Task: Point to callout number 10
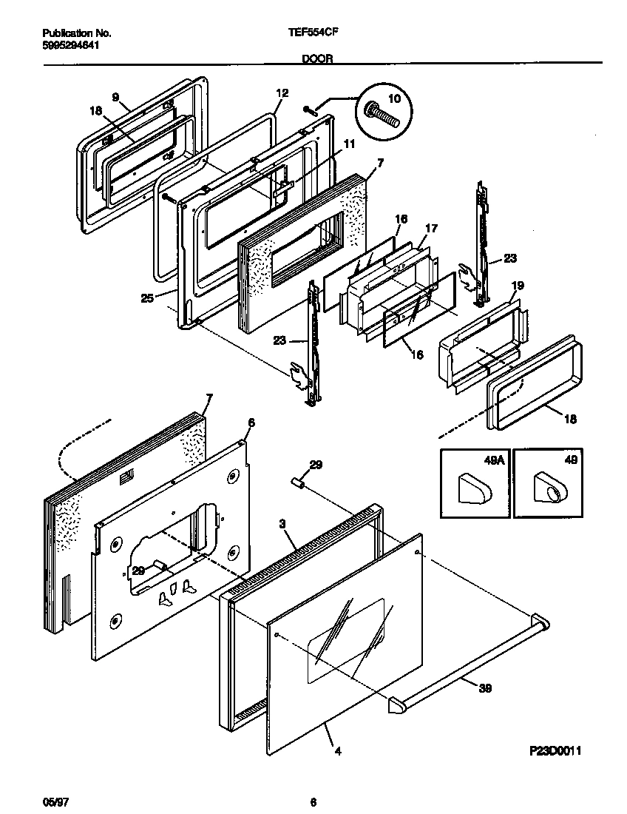click(x=393, y=98)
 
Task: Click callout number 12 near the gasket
click(x=281, y=94)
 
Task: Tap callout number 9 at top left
click(x=115, y=97)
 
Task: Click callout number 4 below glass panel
click(x=337, y=752)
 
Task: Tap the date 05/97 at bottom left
click(x=52, y=801)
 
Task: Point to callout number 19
click(x=517, y=286)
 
